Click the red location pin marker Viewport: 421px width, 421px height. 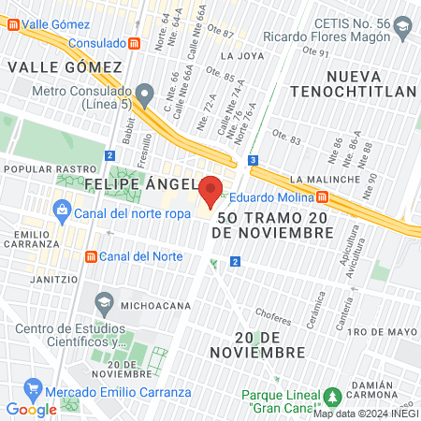tap(210, 190)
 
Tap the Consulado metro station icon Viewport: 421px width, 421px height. tap(135, 43)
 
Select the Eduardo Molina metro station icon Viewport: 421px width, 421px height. tap(322, 197)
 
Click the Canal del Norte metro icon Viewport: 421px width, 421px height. tap(91, 255)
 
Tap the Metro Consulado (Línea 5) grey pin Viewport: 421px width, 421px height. tap(144, 93)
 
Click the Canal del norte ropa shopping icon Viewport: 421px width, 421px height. tap(62, 211)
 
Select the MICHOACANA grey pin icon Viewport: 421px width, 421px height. tap(103, 303)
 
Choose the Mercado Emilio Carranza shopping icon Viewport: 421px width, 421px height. tap(33, 386)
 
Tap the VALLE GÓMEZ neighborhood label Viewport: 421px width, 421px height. tap(65, 67)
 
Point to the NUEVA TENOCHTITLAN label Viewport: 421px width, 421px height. tap(352, 82)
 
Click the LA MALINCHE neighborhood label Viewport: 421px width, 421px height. tap(326, 179)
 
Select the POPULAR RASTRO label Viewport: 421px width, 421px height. tap(39, 169)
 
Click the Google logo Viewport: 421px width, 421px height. tap(31, 409)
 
